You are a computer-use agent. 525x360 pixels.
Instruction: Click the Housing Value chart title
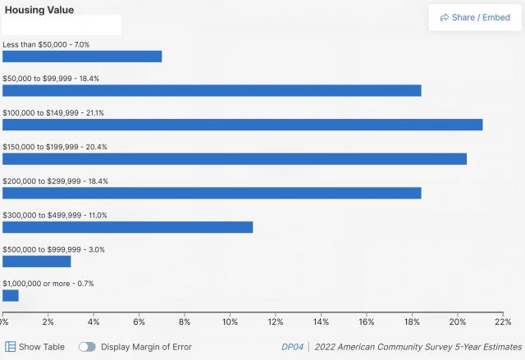pos(39,10)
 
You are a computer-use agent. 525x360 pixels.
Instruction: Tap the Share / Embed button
pos(475,17)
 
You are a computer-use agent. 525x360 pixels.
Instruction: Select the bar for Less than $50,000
pos(82,57)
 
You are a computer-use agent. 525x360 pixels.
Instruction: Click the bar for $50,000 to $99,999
pos(212,90)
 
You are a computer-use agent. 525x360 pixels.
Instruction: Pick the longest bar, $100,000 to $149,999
pos(242,125)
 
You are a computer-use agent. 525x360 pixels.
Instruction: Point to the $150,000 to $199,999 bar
pos(235,159)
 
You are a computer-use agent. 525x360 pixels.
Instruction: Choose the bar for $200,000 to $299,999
pos(212,193)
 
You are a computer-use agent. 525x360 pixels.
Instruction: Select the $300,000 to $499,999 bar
pos(127,227)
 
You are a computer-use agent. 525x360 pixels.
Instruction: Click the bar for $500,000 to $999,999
pos(37,262)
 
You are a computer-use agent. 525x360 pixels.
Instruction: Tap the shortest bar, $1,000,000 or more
pos(11,295)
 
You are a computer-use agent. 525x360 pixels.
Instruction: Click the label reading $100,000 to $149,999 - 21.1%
pos(53,112)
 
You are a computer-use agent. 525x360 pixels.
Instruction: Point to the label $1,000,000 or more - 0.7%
pos(48,284)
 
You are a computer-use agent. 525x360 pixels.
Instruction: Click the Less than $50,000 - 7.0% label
pos(46,44)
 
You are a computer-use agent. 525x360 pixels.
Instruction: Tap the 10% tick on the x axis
pos(230,321)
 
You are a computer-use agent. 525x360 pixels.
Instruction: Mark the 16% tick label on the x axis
pos(367,321)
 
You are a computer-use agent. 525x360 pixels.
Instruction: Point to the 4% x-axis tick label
pos(94,321)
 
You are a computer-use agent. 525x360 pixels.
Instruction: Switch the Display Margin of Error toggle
pos(87,347)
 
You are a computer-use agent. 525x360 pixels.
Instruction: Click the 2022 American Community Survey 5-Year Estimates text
pos(418,347)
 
